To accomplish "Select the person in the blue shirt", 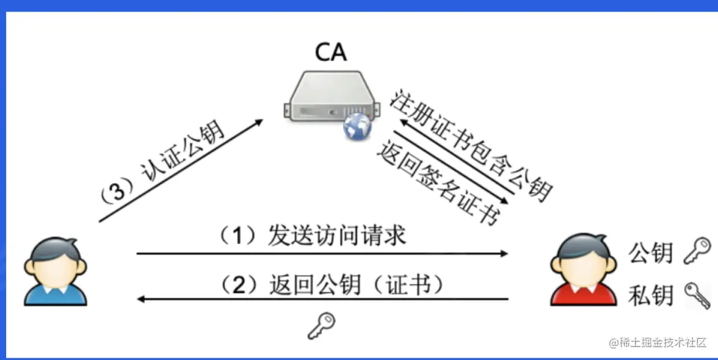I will pyautogui.click(x=56, y=272).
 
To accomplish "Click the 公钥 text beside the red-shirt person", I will pyautogui.click(x=651, y=252).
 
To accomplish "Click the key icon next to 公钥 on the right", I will pyautogui.click(x=696, y=250).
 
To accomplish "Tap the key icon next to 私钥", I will pyautogui.click(x=697, y=295).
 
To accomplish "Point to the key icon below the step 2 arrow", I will pyautogui.click(x=321, y=326).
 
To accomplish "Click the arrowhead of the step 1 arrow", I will pyautogui.click(x=504, y=253).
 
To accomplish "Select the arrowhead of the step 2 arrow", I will pyautogui.click(x=141, y=299).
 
